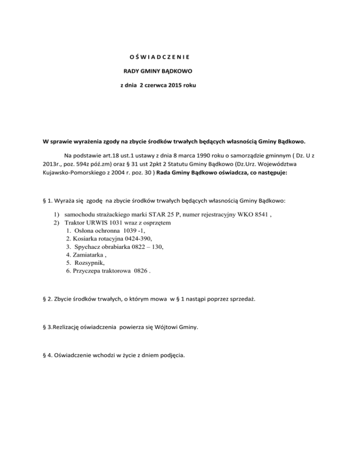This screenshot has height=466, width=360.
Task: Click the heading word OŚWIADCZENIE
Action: [159, 58]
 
